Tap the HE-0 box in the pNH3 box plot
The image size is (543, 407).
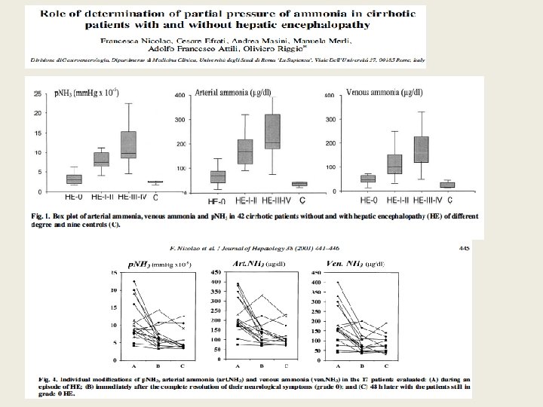click(73, 179)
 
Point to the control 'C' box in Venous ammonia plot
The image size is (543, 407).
click(447, 184)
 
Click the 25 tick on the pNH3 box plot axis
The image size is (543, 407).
click(38, 93)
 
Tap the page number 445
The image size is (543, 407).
click(464, 245)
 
